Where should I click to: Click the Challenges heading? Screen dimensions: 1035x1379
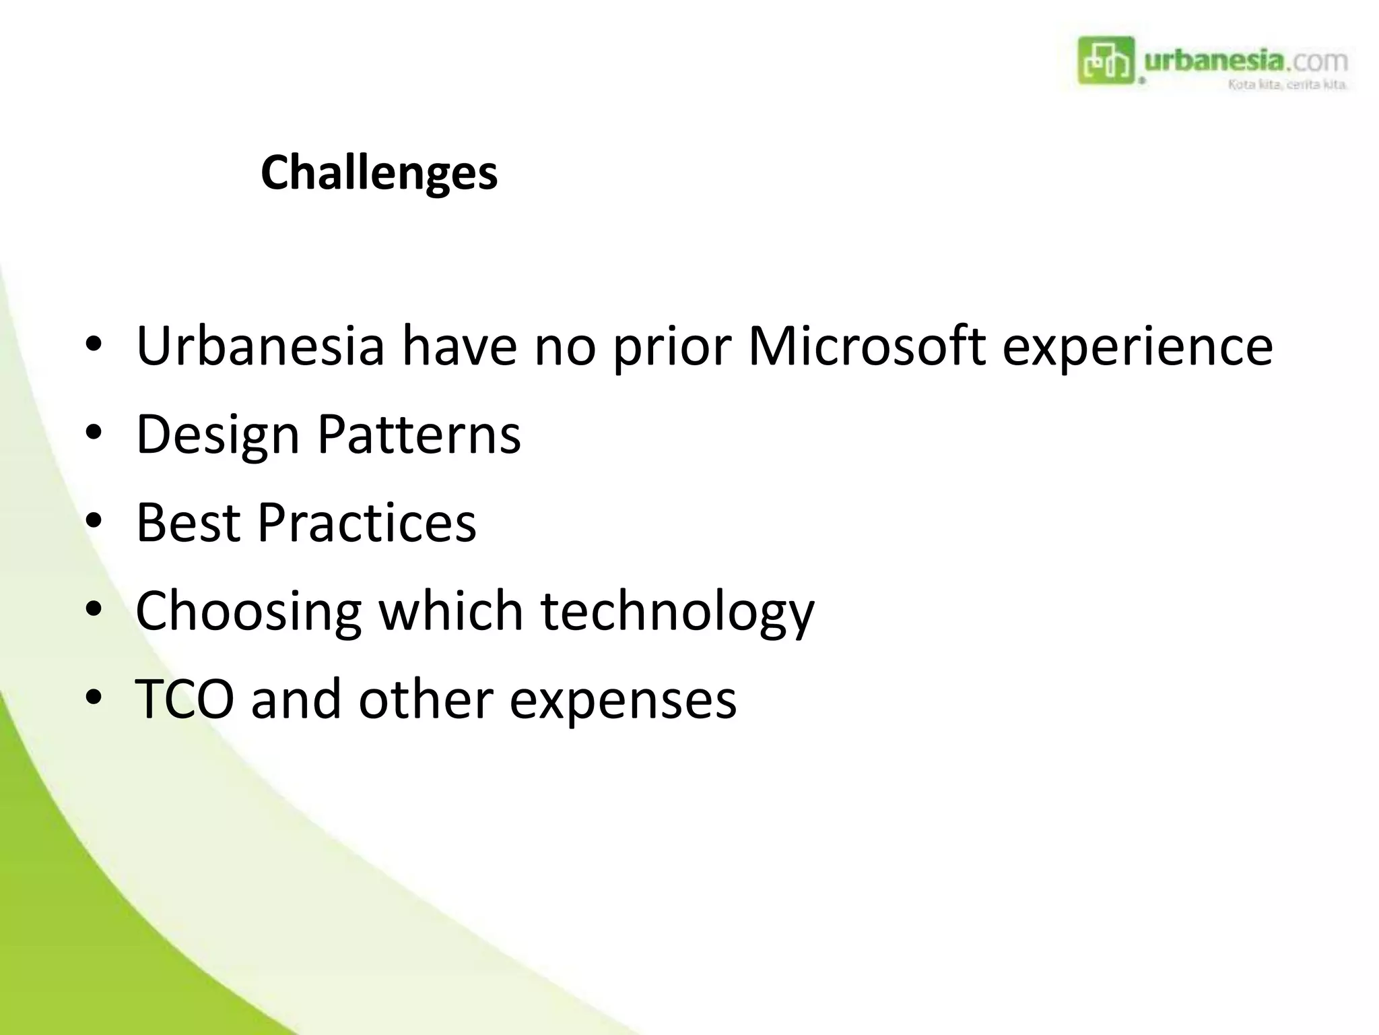click(379, 173)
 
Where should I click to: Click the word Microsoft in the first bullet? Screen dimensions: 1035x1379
click(867, 346)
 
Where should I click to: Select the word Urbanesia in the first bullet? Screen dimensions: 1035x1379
click(260, 346)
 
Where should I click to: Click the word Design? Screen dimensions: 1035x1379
click(217, 435)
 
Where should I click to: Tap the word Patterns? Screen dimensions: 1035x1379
click(419, 434)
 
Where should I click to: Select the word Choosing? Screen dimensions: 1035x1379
click(248, 612)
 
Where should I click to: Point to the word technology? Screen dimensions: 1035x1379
click(677, 612)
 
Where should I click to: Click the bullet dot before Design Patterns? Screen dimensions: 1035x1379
click(94, 433)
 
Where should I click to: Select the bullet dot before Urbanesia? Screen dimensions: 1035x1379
click(94, 344)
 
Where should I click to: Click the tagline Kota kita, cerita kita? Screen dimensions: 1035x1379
click(1287, 85)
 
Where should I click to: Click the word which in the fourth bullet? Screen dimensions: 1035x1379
click(450, 610)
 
